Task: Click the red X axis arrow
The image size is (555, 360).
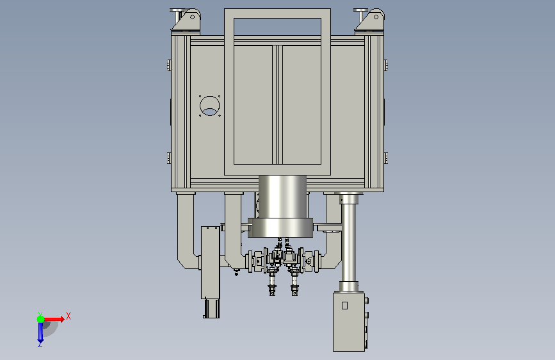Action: (53, 319)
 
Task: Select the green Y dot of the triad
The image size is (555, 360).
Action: (40, 319)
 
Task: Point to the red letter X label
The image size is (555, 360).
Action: (68, 316)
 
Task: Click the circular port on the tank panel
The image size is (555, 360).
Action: (209, 106)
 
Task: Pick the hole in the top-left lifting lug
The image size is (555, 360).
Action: (192, 17)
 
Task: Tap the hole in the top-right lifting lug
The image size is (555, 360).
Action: (376, 17)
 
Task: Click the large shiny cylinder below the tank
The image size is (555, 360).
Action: (282, 197)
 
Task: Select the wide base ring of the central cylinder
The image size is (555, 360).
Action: (280, 227)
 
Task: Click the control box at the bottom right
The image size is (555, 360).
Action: (349, 322)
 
